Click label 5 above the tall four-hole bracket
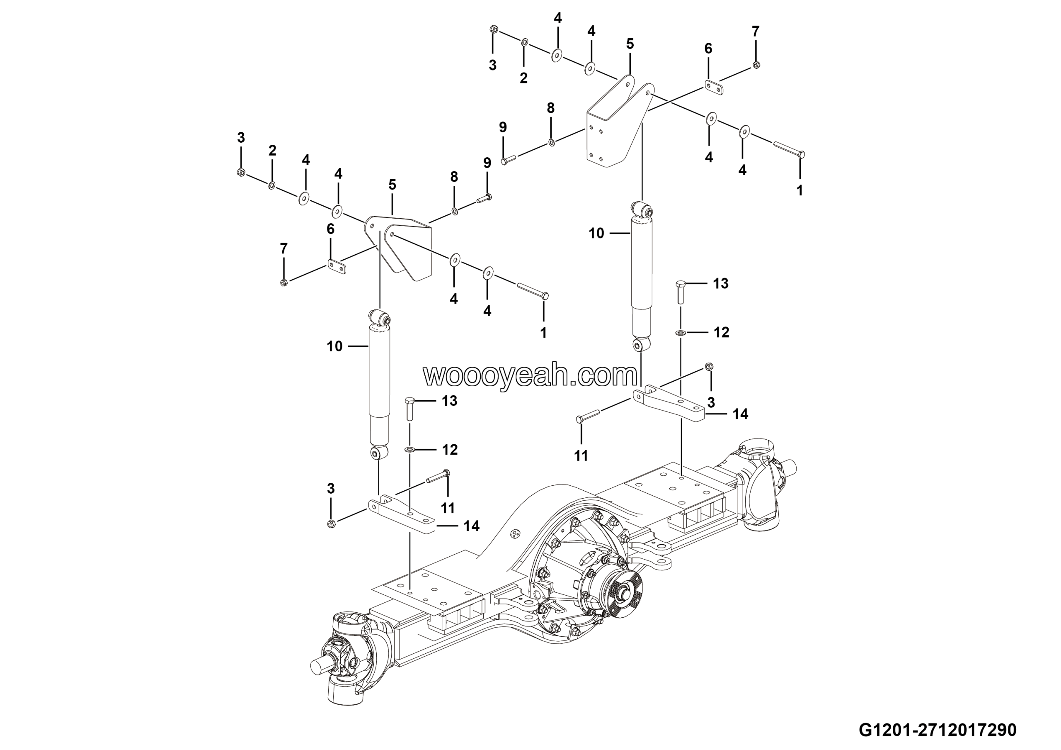[x=630, y=44]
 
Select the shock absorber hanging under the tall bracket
[x=642, y=273]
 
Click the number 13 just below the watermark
[x=449, y=400]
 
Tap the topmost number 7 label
[x=756, y=32]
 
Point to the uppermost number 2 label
[x=523, y=78]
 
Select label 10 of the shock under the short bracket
[x=334, y=346]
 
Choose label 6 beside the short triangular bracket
[x=330, y=229]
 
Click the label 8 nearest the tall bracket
[x=550, y=108]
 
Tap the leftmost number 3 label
[x=241, y=137]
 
